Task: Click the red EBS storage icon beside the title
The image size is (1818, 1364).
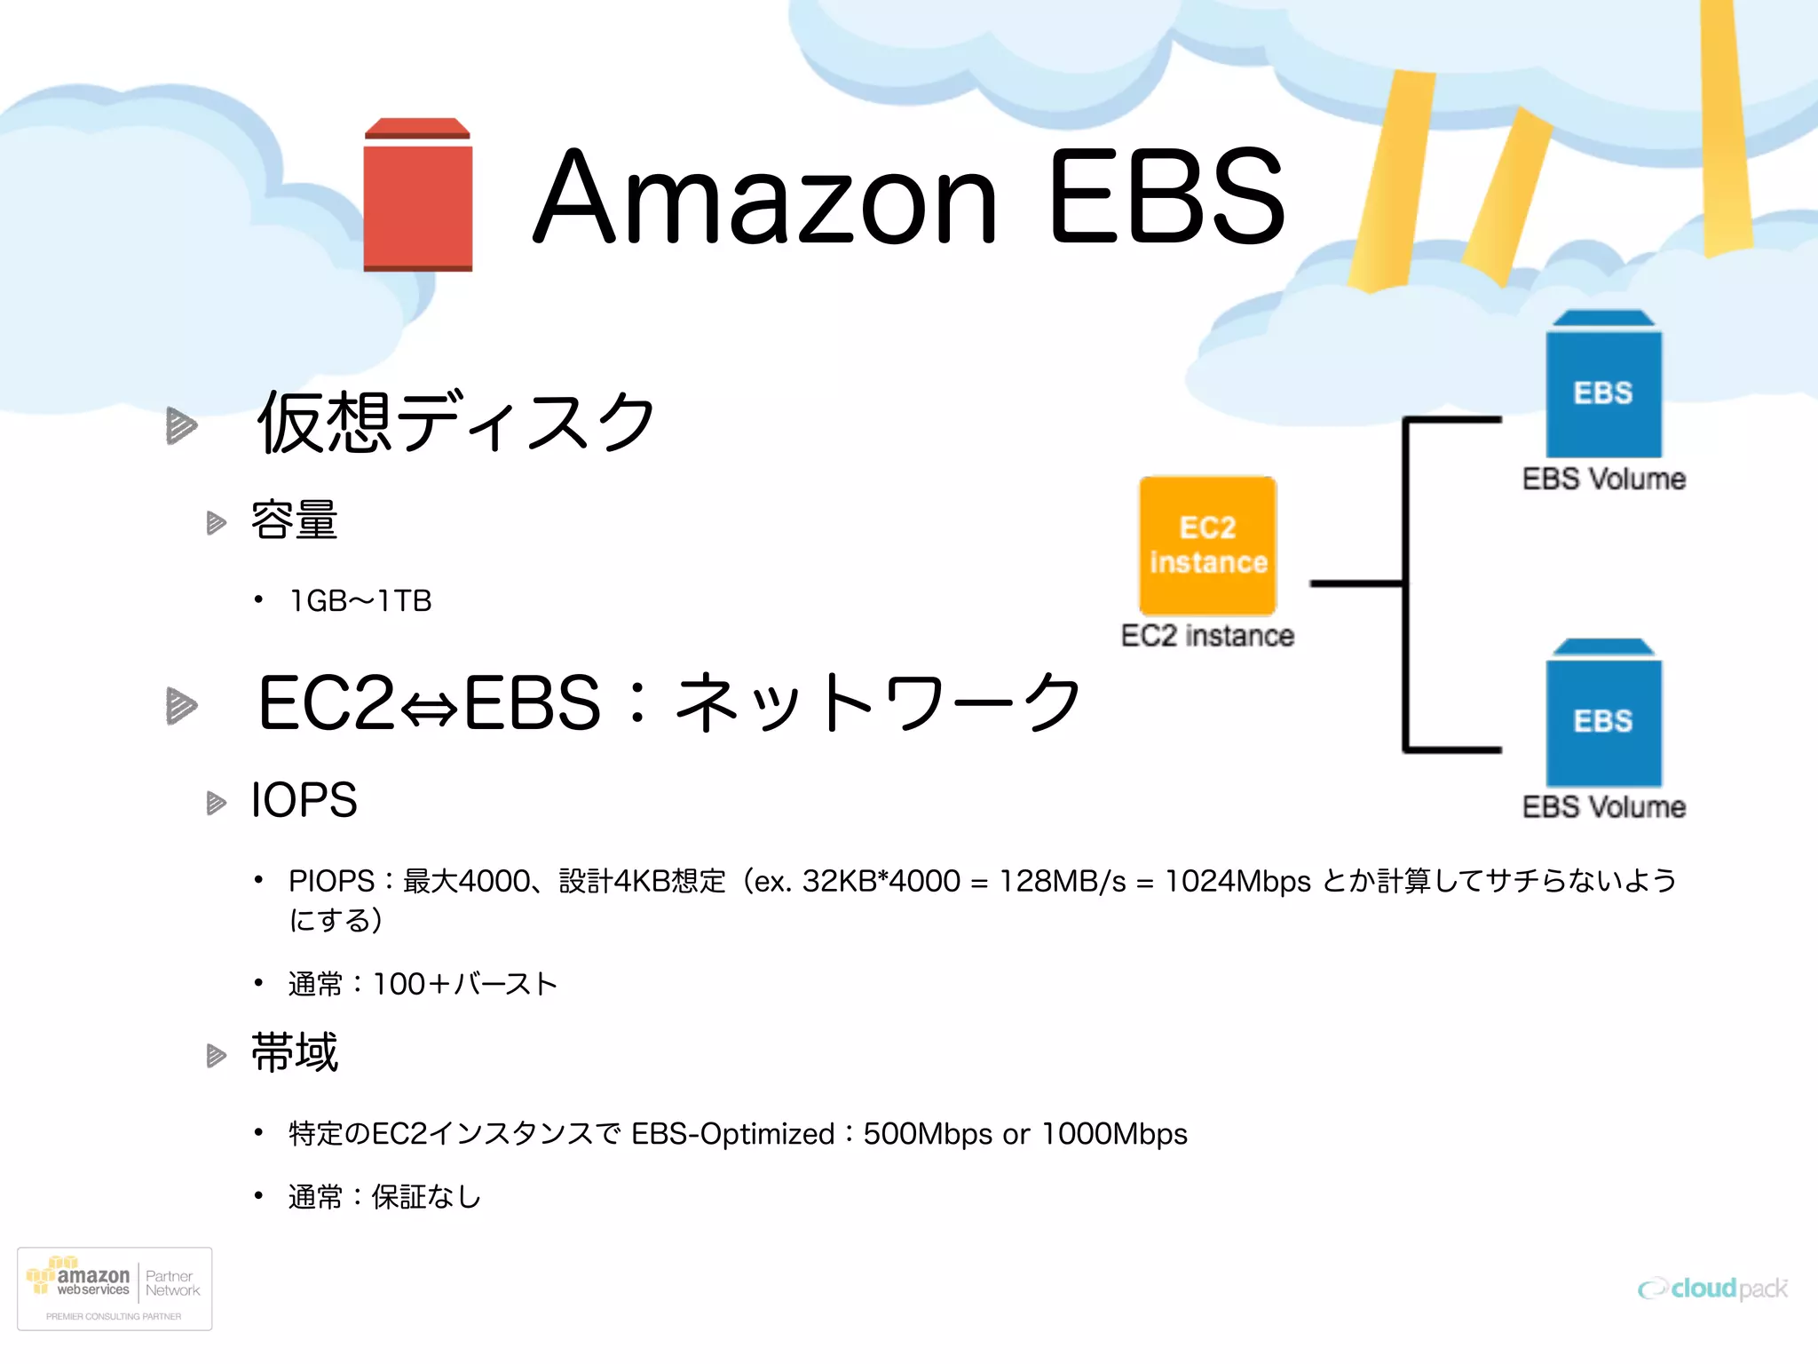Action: point(417,195)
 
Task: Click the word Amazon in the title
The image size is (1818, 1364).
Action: point(765,197)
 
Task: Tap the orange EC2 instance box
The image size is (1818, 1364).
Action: point(1208,545)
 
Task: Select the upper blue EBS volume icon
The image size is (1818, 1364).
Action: point(1603,385)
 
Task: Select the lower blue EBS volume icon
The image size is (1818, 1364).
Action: point(1603,713)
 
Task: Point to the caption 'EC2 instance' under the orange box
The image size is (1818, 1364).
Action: point(1207,636)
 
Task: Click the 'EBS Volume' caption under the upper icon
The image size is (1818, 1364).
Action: point(1603,480)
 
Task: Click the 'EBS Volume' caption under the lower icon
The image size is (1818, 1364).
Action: point(1603,807)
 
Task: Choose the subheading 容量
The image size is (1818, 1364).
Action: point(295,520)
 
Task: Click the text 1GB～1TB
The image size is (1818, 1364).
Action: point(360,601)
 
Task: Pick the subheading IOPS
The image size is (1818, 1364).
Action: point(304,800)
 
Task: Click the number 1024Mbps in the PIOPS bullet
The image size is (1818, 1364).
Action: point(1237,881)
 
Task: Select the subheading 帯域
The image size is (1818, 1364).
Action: point(295,1053)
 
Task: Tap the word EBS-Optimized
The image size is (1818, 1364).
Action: point(732,1134)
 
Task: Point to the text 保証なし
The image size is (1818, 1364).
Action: point(426,1197)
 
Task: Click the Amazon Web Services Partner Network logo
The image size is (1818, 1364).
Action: point(115,1289)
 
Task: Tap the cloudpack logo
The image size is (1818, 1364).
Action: point(1712,1289)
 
